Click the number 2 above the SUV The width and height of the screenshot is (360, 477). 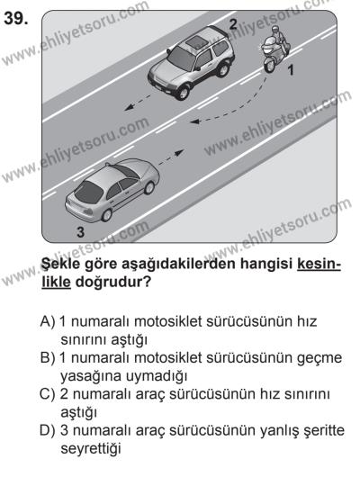click(x=232, y=22)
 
